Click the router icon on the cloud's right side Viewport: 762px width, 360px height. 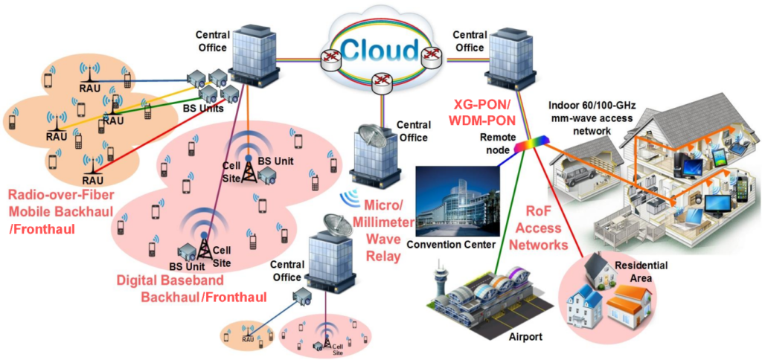(x=429, y=54)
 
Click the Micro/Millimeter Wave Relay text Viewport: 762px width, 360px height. (x=385, y=230)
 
